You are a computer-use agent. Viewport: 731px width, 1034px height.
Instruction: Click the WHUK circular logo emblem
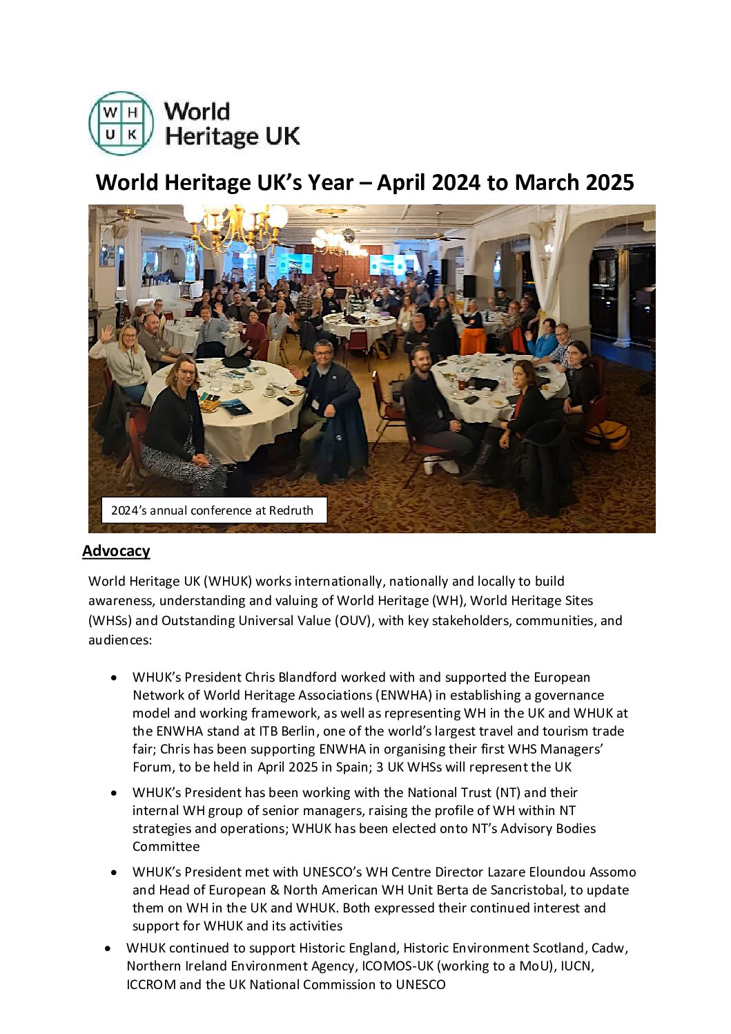(x=121, y=123)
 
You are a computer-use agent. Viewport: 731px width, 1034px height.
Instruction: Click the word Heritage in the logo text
(x=211, y=136)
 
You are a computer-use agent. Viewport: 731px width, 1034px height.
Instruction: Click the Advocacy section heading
(x=116, y=550)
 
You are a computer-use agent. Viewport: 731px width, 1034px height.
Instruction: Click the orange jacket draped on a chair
(x=473, y=342)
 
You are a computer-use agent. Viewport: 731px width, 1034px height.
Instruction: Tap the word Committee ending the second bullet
(x=166, y=846)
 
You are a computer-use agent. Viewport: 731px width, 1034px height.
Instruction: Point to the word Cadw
(x=612, y=948)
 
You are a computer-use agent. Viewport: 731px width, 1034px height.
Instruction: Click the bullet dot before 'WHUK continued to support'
(x=108, y=948)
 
